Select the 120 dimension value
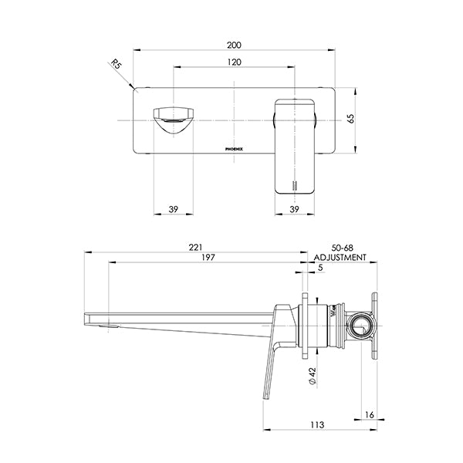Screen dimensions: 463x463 pyautogui.click(x=235, y=63)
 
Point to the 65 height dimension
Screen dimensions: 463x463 pyautogui.click(x=351, y=120)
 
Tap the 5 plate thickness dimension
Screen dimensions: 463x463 pyautogui.click(x=320, y=268)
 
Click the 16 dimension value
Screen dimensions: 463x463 pyautogui.click(x=369, y=415)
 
